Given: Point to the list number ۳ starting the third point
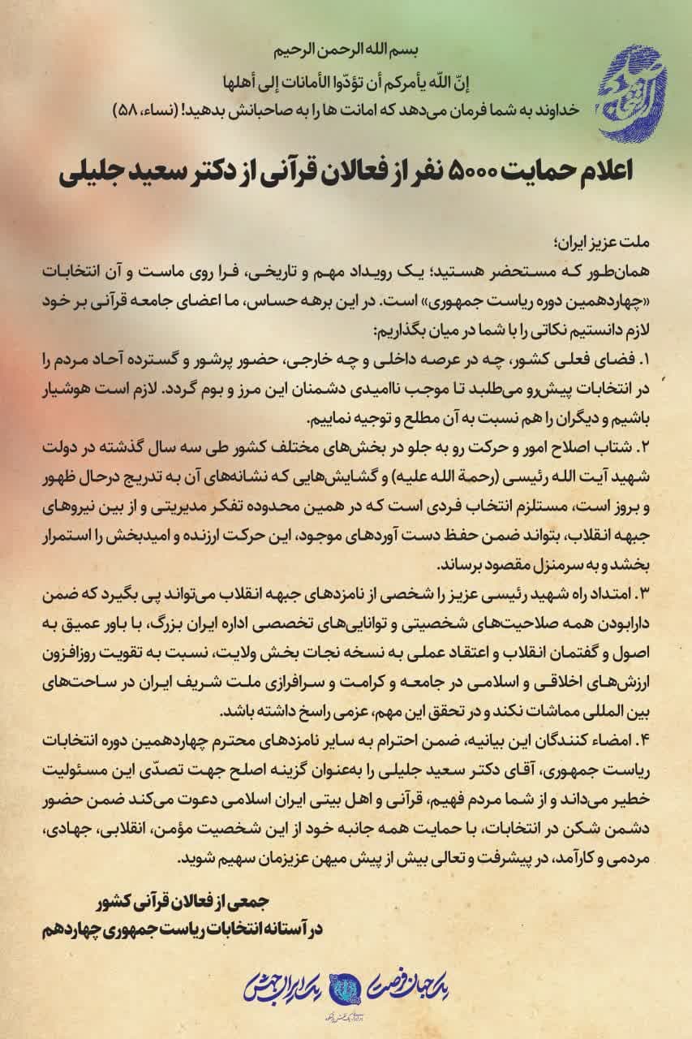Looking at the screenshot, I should tap(646, 586).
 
